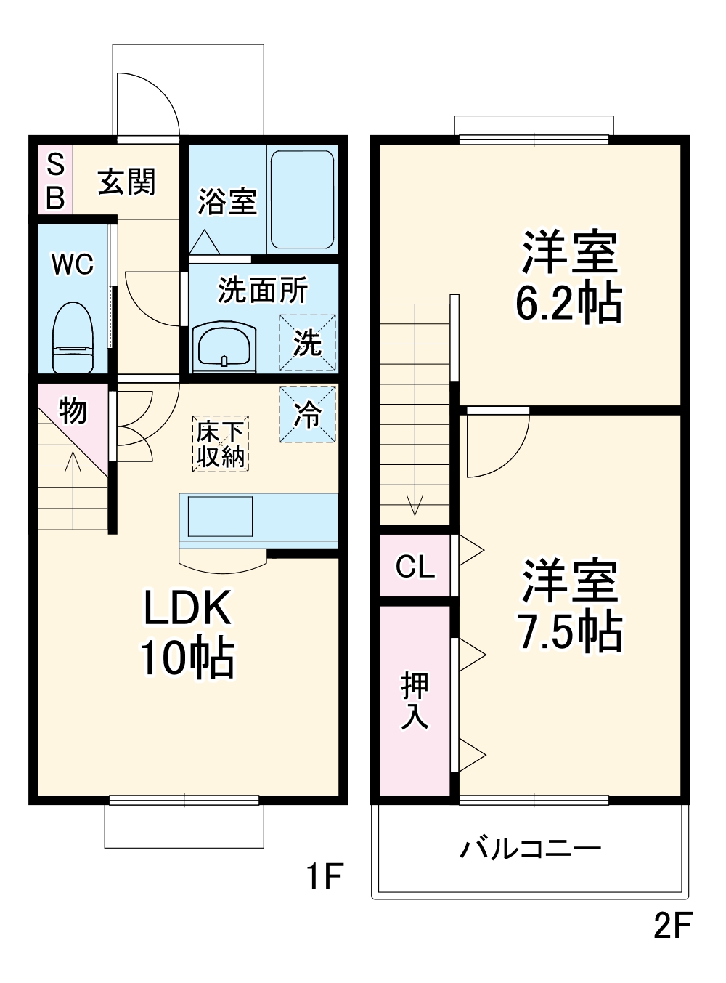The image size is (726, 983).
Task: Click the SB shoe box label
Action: (55, 181)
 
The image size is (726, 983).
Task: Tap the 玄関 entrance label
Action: (127, 182)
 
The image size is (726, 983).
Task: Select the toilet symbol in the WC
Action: (73, 338)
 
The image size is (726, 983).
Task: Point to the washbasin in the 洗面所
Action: (224, 347)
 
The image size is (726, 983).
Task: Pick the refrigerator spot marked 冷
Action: (308, 414)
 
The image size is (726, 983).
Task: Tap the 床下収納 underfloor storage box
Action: (221, 444)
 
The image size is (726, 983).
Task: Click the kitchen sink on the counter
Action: (221, 516)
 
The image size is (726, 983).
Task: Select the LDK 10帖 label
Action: (187, 632)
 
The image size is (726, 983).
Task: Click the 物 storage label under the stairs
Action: (73, 411)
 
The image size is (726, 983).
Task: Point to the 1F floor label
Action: (323, 876)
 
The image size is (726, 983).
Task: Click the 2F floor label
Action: (672, 926)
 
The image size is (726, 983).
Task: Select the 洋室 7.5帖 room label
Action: (569, 605)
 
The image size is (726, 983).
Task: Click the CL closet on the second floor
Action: (415, 566)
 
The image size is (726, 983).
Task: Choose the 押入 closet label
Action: (415, 700)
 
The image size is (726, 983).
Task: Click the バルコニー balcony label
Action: (531, 849)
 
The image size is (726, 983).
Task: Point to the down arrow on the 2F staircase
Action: (415, 504)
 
